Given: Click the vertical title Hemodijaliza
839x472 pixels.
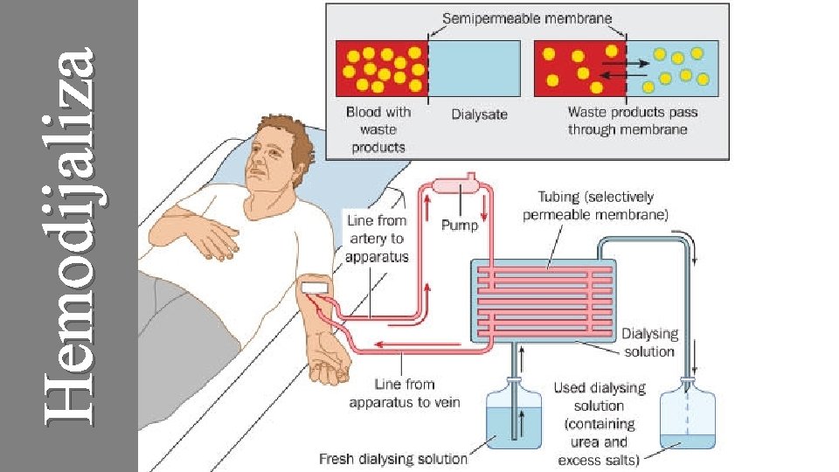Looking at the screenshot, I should click(x=70, y=236).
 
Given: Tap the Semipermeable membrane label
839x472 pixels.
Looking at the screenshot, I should click(x=527, y=17).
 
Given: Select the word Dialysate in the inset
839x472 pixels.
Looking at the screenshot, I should click(x=479, y=114).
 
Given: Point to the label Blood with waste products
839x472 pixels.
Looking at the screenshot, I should click(x=378, y=128).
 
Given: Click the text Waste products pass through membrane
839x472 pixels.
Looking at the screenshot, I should click(x=627, y=121).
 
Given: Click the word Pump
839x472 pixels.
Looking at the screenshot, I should click(x=459, y=226).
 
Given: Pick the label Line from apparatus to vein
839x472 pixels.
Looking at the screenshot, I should click(x=404, y=393).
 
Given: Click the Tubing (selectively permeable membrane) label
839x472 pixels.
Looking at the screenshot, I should click(x=595, y=205).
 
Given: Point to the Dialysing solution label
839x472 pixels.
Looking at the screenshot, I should click(x=648, y=343).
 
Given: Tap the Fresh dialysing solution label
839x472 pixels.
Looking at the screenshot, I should click(x=393, y=458).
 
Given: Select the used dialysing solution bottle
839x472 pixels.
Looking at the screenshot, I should click(x=690, y=417).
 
